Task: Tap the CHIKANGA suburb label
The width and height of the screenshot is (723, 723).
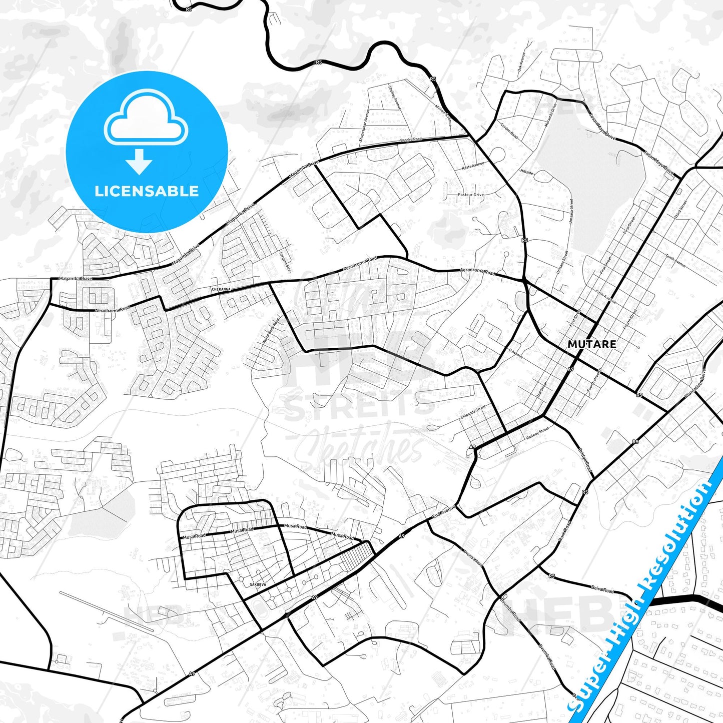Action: pyautogui.click(x=221, y=289)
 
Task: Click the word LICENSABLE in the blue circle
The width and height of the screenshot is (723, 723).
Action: pyautogui.click(x=147, y=191)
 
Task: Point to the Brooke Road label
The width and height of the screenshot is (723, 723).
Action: pyautogui.click(x=411, y=140)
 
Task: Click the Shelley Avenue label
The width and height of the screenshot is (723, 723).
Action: pyautogui.click(x=395, y=97)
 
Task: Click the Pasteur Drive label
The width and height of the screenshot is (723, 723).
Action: pyautogui.click(x=471, y=195)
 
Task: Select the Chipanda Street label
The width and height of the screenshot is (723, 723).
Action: pyautogui.click(x=473, y=412)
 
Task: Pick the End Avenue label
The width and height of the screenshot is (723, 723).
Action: pyautogui.click(x=444, y=511)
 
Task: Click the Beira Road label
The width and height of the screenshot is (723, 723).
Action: pyautogui.click(x=602, y=590)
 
